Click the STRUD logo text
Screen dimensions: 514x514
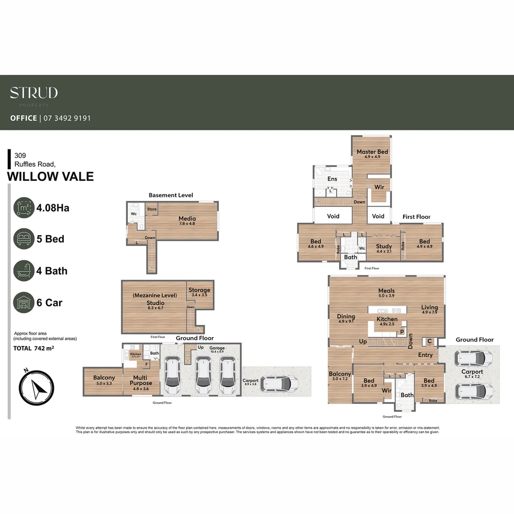(34, 93)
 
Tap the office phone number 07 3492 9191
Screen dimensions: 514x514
(67, 118)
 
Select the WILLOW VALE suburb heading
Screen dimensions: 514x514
(50, 177)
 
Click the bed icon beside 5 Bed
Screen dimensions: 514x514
(24, 238)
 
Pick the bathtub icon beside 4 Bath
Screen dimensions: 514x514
(24, 270)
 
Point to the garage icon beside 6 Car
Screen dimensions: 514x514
(24, 302)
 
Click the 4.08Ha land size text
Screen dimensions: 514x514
(53, 208)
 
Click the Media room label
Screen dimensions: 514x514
(187, 218)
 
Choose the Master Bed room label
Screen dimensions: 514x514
(372, 152)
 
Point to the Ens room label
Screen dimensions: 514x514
(332, 179)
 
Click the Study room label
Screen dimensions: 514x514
(384, 246)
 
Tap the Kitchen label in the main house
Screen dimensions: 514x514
(387, 319)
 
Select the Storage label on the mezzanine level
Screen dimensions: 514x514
(199, 290)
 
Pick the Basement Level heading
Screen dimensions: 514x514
(170, 195)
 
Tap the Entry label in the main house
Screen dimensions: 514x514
(425, 355)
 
